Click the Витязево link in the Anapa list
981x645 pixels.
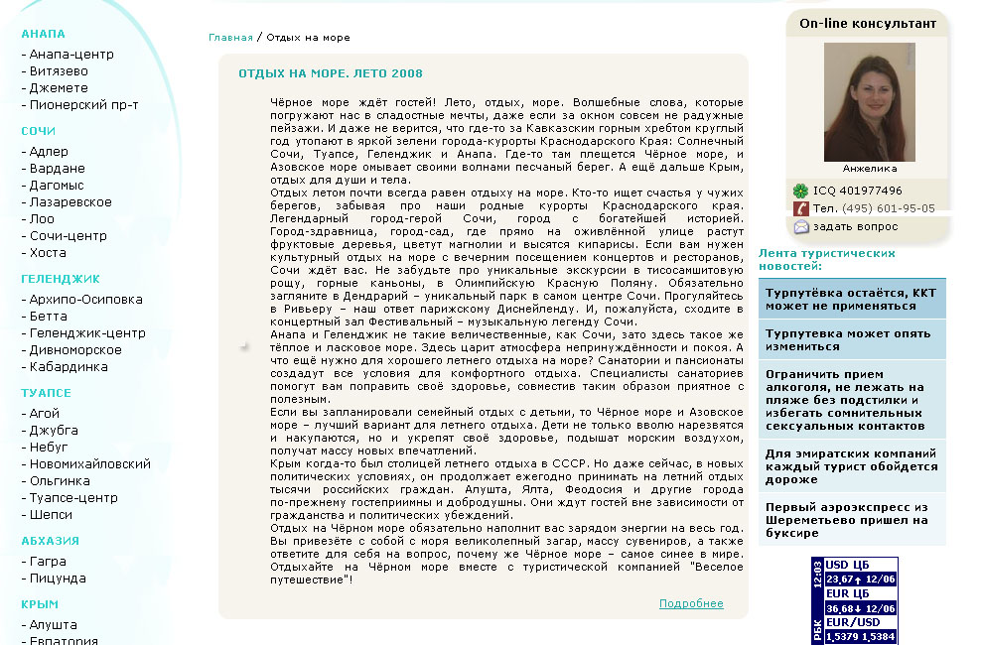tap(59, 71)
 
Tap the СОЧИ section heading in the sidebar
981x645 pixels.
tap(39, 131)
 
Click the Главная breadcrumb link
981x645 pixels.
tap(230, 38)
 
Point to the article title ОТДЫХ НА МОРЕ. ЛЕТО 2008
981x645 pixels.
tap(331, 73)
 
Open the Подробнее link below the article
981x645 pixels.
tap(691, 603)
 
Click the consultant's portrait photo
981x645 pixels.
tap(869, 102)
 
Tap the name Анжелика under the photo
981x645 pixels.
tap(869, 169)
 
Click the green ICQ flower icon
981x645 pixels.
tap(800, 191)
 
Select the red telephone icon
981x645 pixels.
tap(800, 208)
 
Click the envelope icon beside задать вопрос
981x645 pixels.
tap(800, 226)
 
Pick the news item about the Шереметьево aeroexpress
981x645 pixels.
tap(846, 520)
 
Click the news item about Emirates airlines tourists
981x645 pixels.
tap(851, 467)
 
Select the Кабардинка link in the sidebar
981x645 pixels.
tap(69, 367)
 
